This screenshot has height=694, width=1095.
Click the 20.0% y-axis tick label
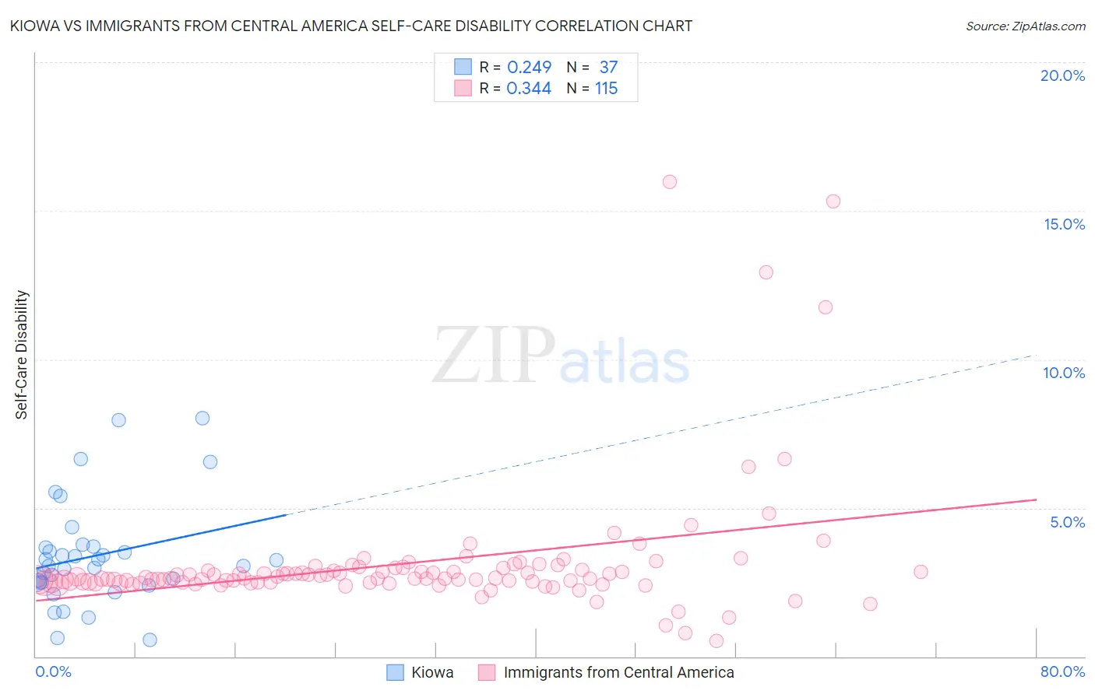[1062, 75]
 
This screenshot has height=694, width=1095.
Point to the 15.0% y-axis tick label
[1064, 224]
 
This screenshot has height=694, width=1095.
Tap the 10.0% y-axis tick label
[1064, 373]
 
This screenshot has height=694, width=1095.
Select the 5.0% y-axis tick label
[1067, 522]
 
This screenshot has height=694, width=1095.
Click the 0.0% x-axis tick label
[53, 671]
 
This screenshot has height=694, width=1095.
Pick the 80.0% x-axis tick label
[1062, 671]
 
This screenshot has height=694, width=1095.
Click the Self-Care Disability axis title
[22, 355]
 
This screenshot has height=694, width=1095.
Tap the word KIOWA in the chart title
[33, 26]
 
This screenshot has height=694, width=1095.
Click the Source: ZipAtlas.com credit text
[1025, 26]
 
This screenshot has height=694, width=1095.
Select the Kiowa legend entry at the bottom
[421, 672]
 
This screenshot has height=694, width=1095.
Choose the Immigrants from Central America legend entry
[607, 672]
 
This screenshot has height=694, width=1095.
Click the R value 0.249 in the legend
[529, 67]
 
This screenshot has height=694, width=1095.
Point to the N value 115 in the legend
[606, 89]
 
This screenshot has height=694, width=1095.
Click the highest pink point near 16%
[670, 182]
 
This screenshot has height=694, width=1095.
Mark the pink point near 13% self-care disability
[766, 272]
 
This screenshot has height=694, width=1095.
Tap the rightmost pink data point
[921, 572]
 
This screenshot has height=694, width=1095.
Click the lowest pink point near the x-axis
[717, 641]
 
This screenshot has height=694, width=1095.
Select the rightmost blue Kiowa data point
[276, 560]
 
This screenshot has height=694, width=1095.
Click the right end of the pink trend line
[1036, 499]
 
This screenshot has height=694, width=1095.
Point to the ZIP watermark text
[494, 355]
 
